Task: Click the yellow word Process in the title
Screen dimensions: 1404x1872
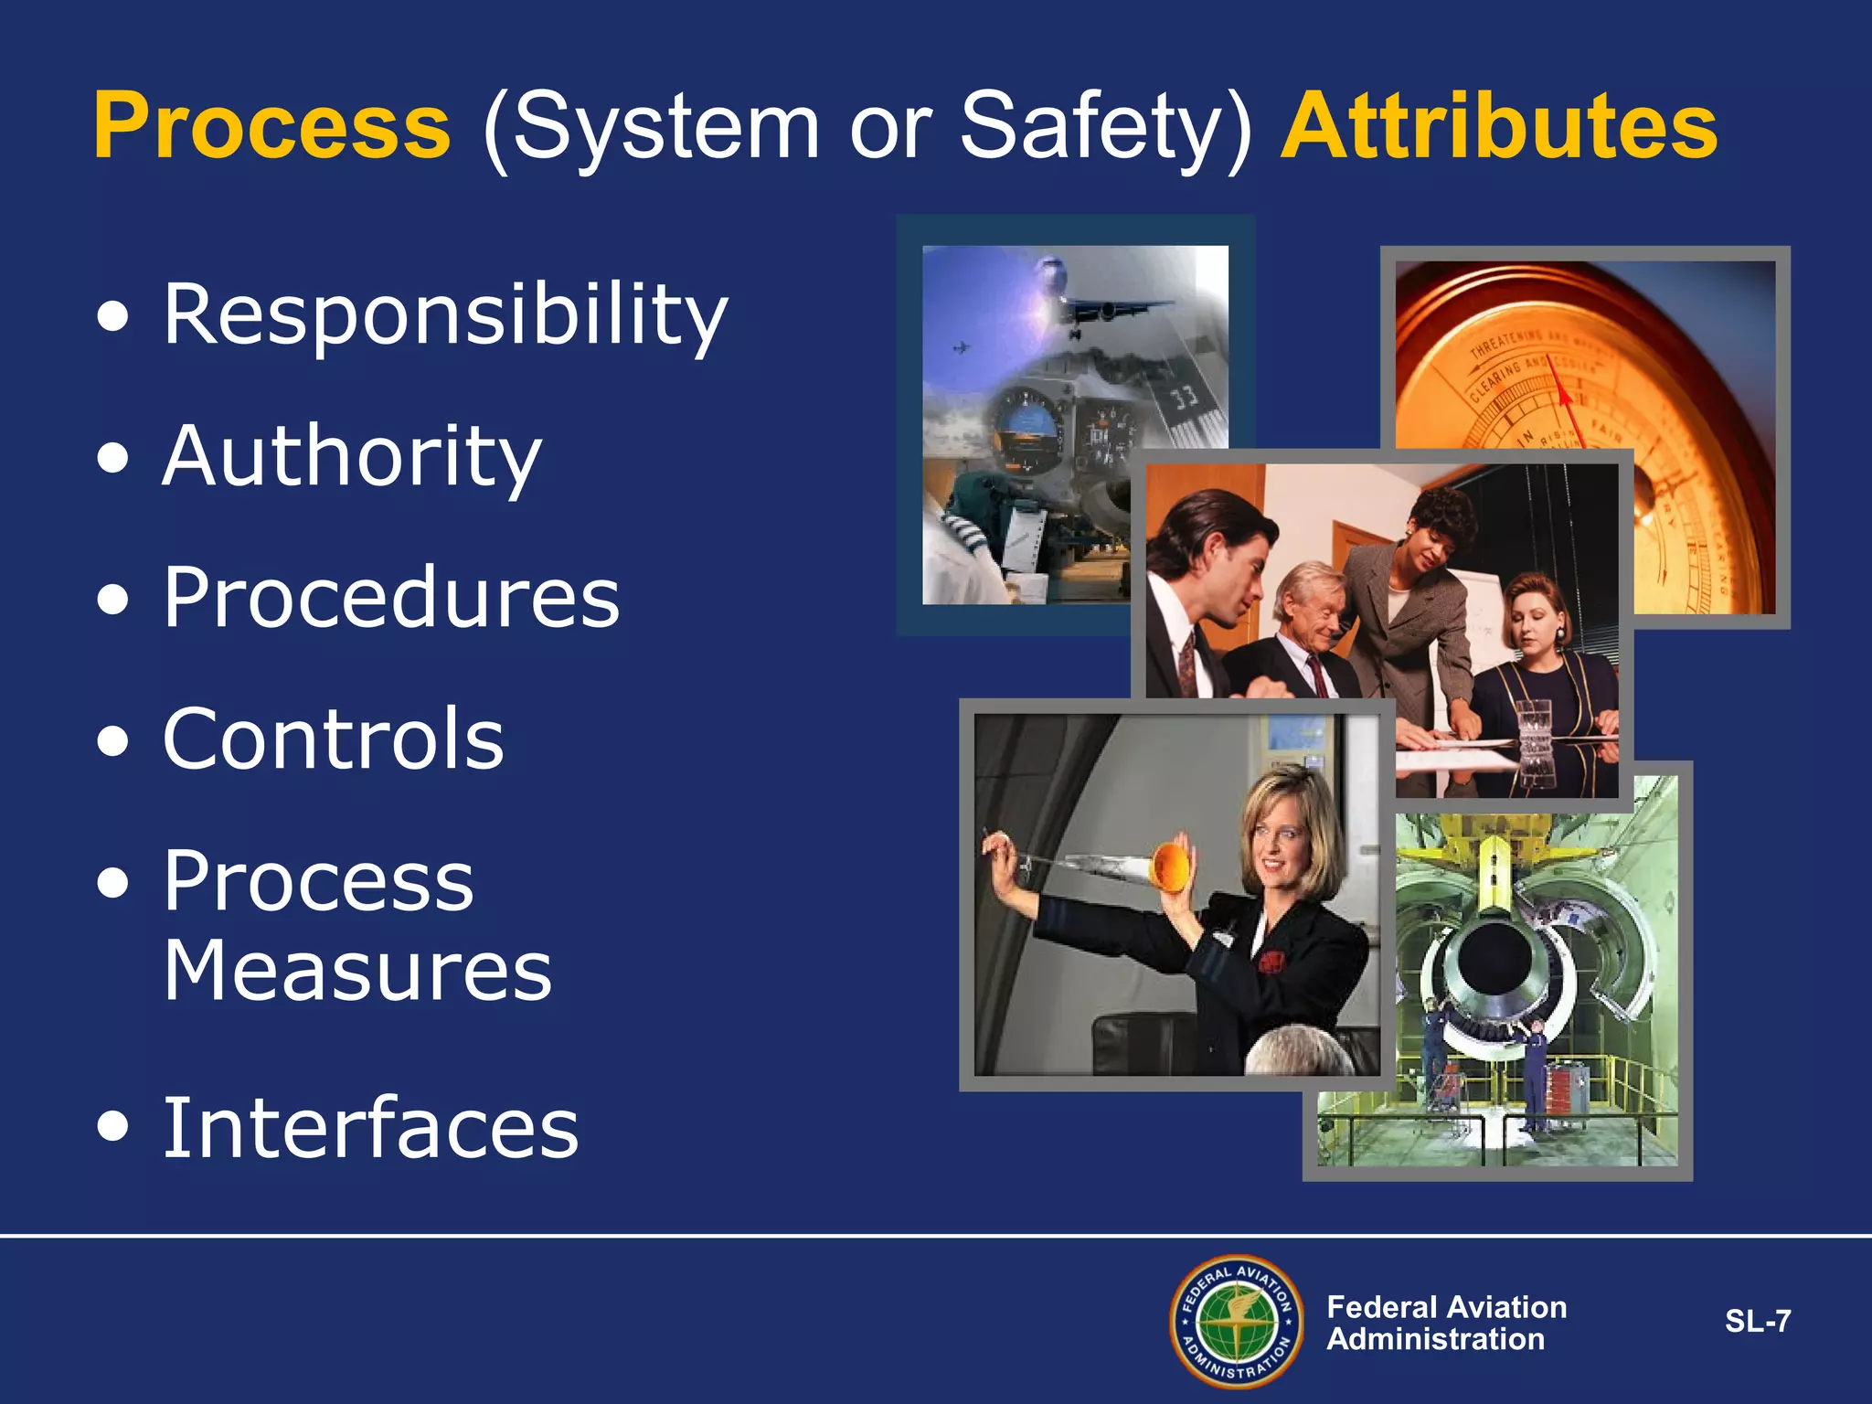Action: click(x=271, y=126)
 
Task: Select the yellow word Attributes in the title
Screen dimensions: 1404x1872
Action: click(x=1499, y=126)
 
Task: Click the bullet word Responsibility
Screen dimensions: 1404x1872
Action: click(x=445, y=315)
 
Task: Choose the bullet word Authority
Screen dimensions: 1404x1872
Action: click(x=352, y=457)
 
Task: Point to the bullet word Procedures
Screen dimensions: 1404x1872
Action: click(x=391, y=598)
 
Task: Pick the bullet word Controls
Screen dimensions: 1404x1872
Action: click(x=333, y=739)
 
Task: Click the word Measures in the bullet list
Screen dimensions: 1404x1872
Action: click(x=357, y=971)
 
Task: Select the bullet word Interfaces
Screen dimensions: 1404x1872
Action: click(x=370, y=1129)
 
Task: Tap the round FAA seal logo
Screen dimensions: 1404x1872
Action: click(x=1237, y=1322)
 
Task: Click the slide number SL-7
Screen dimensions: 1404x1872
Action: click(x=1757, y=1322)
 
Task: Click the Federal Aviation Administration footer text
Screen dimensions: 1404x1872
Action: click(x=1446, y=1323)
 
